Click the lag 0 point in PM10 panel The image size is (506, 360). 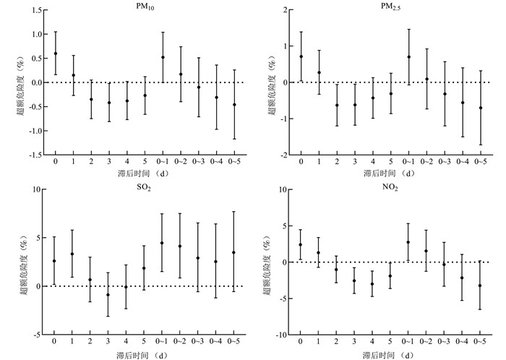pyautogui.click(x=56, y=53)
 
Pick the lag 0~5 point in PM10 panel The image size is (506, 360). pyautogui.click(x=234, y=104)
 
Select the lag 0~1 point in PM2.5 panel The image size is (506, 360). pyautogui.click(x=408, y=56)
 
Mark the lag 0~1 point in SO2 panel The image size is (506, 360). pyautogui.click(x=163, y=243)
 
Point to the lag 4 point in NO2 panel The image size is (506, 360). pyautogui.click(x=372, y=284)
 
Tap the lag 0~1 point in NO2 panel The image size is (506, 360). pyautogui.click(x=408, y=242)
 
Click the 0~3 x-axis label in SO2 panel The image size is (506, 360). pyautogui.click(x=198, y=343)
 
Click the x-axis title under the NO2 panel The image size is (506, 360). pyautogui.click(x=391, y=355)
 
